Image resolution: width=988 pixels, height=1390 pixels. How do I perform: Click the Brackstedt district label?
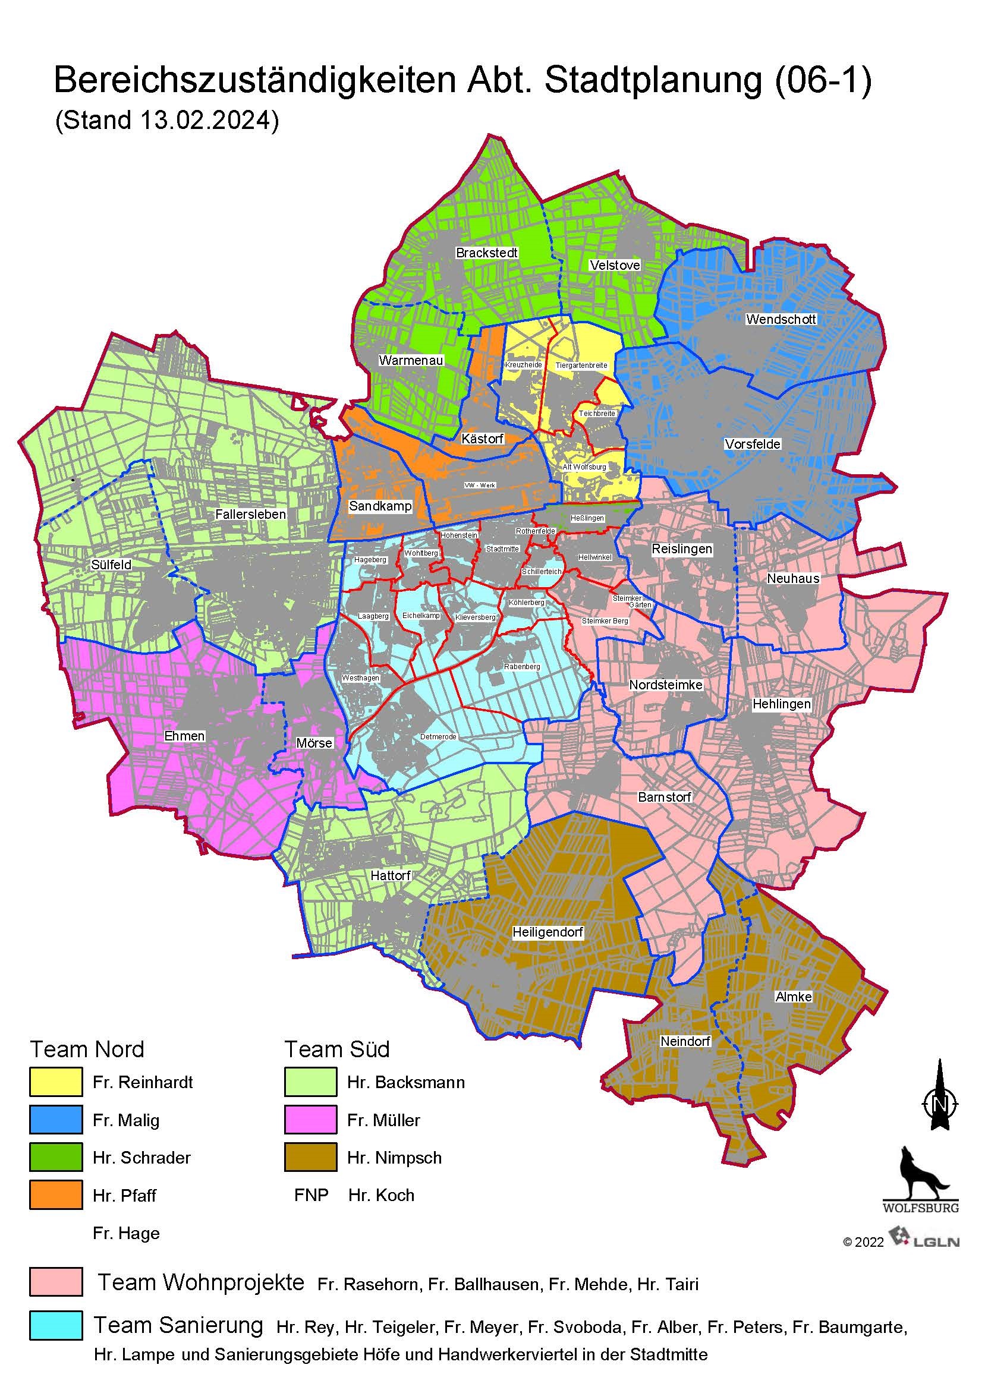486,253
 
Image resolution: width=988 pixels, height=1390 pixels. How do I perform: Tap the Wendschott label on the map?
781,319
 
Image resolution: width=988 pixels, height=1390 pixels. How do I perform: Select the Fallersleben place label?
250,514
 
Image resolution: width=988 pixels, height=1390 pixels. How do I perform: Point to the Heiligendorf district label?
548,932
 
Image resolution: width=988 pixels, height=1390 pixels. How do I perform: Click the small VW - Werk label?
479,486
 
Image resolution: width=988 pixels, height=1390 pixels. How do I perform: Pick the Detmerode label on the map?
438,736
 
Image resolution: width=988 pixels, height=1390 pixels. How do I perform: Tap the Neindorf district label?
685,1041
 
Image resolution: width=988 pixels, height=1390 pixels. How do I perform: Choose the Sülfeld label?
111,565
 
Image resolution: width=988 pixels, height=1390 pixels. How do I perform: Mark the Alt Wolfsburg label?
584,467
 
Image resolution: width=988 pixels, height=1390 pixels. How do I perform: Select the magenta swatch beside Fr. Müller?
310,1120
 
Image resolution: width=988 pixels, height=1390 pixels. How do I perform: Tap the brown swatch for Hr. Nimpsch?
310,1157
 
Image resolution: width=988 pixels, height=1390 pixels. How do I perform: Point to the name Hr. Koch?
381,1195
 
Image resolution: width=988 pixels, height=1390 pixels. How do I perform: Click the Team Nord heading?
87,1049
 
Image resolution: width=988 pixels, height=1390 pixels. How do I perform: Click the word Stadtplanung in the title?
653,80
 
